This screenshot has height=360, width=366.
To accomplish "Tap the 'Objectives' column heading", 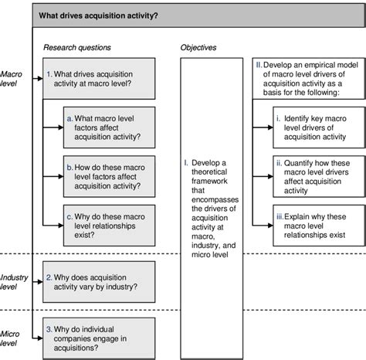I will coord(198,47).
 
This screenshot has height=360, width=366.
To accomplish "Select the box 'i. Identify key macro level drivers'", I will coord(317,131).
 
